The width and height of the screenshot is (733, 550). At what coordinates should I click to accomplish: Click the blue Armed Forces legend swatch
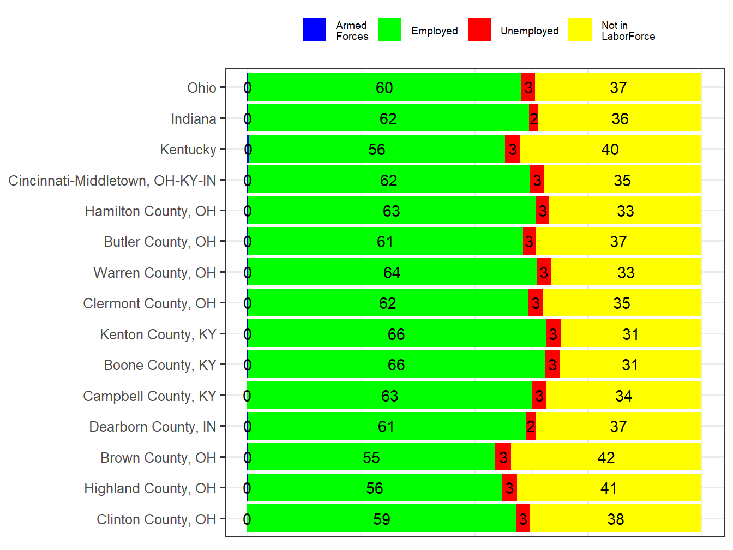tap(315, 30)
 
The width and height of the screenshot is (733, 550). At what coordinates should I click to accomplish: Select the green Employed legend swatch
tap(390, 30)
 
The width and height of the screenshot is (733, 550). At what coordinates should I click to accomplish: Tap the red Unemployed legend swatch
tap(479, 30)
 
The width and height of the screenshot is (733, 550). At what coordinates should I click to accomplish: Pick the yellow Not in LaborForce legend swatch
tap(580, 30)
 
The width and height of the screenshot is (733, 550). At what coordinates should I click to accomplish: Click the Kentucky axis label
tap(188, 150)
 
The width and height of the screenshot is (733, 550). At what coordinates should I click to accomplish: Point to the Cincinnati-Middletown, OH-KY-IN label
tap(112, 181)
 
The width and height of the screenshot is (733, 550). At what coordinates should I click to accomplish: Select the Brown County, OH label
tap(158, 458)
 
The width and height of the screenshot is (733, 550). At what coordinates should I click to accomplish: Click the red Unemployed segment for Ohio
tap(528, 88)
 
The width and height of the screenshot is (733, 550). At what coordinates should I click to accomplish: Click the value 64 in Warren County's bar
tap(392, 273)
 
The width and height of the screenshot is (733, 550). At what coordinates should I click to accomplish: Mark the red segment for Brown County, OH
tap(503, 458)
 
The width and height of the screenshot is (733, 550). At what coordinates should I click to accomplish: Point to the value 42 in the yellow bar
tap(606, 458)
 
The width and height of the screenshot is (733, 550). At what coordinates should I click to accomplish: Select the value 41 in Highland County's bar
tap(608, 488)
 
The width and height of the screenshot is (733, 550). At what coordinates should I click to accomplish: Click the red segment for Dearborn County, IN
tap(531, 427)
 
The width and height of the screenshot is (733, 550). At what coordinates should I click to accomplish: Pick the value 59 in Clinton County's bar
tap(381, 519)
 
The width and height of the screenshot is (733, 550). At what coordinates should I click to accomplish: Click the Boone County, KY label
tap(160, 365)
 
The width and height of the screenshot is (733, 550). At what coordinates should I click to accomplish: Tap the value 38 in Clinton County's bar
tap(615, 519)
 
